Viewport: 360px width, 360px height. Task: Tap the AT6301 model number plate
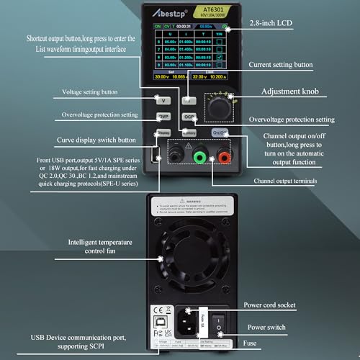pyautogui.click(x=210, y=9)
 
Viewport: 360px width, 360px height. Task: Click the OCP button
pyautogui.click(x=189, y=117)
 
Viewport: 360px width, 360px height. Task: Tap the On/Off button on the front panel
pyautogui.click(x=220, y=133)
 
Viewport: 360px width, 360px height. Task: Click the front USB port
pyautogui.click(x=155, y=155)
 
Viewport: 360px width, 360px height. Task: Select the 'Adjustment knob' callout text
pyautogui.click(x=290, y=91)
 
